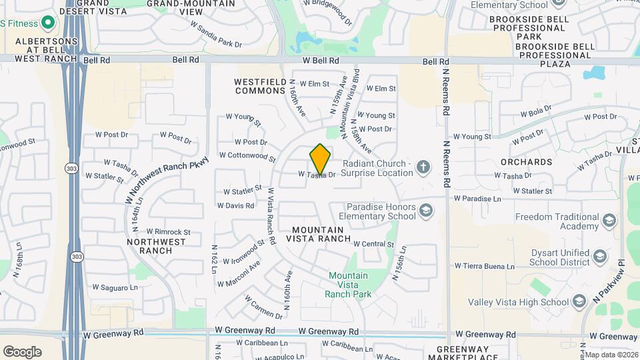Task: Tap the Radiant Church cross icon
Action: [x=423, y=166]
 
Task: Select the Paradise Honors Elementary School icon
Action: [x=425, y=211]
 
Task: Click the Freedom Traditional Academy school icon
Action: [x=607, y=221]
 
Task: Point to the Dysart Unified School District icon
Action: [x=599, y=257]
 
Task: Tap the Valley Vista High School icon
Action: [x=579, y=302]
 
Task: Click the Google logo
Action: [x=22, y=352]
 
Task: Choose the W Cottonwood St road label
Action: [x=242, y=157]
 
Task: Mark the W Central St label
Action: [x=374, y=244]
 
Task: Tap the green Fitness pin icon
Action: [x=47, y=23]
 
